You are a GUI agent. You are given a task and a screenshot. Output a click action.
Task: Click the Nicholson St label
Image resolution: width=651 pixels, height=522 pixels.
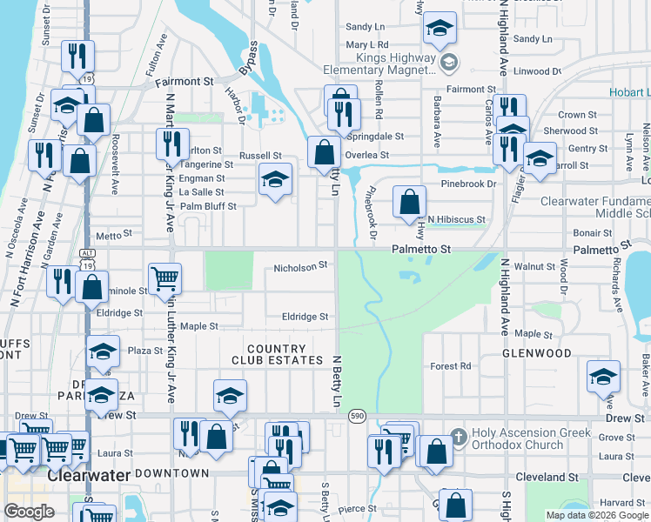(300, 265)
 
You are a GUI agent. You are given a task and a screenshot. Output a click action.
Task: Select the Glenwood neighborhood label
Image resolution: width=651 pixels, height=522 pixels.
(537, 353)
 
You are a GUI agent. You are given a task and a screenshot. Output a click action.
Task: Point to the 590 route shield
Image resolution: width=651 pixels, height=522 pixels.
(357, 417)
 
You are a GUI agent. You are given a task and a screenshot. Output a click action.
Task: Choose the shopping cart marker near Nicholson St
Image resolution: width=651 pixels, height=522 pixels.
(164, 279)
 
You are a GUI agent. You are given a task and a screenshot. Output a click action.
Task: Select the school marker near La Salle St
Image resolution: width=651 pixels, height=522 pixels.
(275, 180)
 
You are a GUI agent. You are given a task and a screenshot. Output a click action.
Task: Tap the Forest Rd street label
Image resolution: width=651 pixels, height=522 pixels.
(450, 366)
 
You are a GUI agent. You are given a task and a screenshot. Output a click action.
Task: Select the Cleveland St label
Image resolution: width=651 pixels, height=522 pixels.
(547, 478)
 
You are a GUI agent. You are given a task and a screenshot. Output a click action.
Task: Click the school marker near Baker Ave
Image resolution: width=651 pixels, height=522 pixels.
(602, 376)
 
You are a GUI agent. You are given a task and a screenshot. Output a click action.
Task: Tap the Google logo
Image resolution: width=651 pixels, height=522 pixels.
(29, 512)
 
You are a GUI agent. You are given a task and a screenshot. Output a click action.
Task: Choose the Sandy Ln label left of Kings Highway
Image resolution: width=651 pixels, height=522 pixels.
(365, 27)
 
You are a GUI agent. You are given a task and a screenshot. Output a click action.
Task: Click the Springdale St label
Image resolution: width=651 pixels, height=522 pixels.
(376, 137)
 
